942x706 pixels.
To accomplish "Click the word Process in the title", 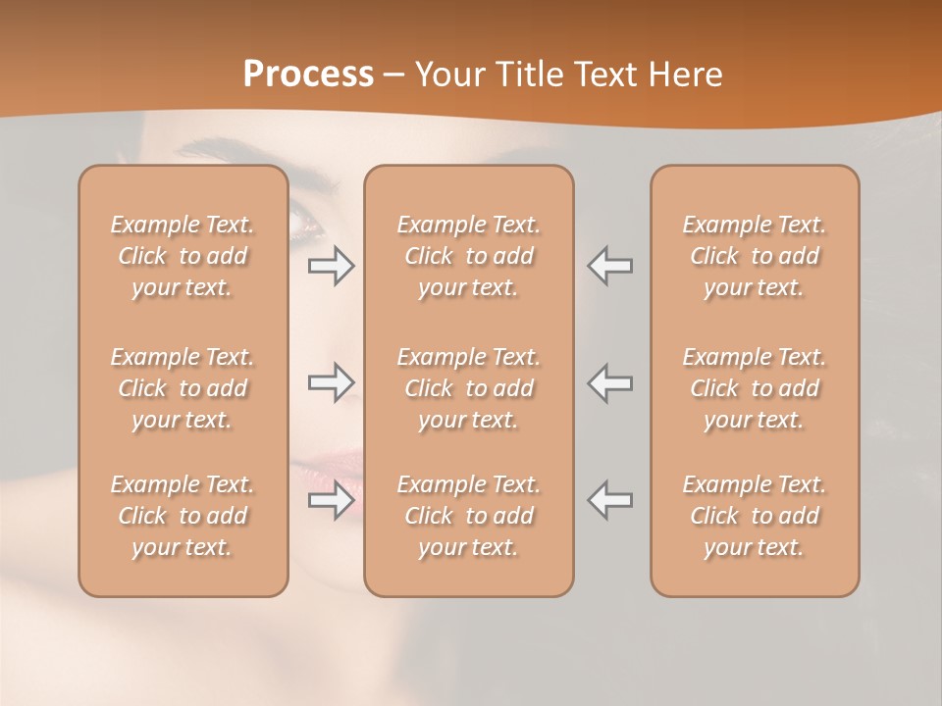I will click(x=308, y=75).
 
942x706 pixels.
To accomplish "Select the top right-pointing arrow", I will click(x=332, y=266).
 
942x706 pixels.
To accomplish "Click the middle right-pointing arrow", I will click(x=332, y=382).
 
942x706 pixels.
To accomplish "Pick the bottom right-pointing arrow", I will click(x=332, y=500).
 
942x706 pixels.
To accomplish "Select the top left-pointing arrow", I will click(x=610, y=266).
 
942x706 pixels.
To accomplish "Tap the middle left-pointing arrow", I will click(x=610, y=382).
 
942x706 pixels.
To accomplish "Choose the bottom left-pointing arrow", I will click(x=610, y=500).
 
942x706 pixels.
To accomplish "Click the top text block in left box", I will click(x=183, y=256).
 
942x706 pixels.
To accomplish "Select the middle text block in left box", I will click(x=183, y=388).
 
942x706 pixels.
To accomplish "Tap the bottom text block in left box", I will click(x=183, y=516).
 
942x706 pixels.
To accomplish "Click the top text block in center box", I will click(x=469, y=256).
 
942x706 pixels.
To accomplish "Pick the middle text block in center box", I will click(x=469, y=388).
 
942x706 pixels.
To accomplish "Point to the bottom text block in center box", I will click(x=469, y=516).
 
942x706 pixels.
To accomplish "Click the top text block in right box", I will click(x=755, y=256).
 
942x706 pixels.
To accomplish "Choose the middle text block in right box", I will click(x=755, y=388).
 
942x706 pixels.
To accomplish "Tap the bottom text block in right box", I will click(x=755, y=516).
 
